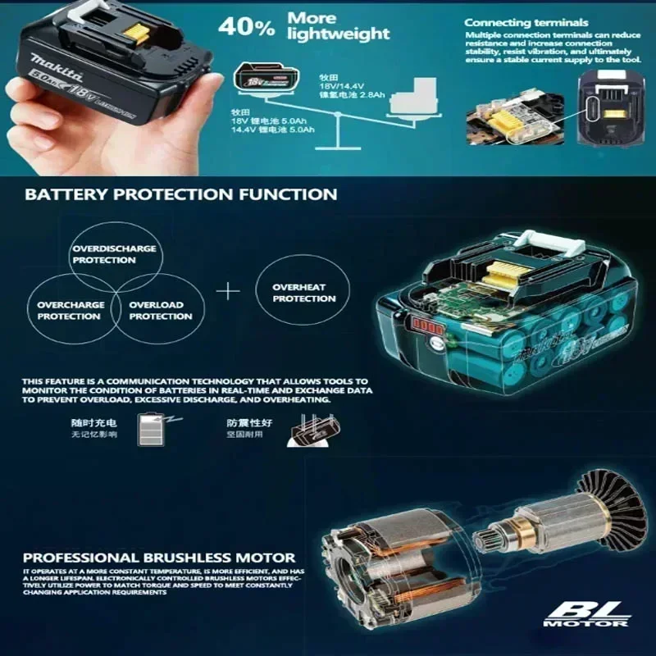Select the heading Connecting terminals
tap(526, 22)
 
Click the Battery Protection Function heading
tap(180, 195)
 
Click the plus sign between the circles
tap(229, 290)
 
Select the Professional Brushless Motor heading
tap(160, 558)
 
